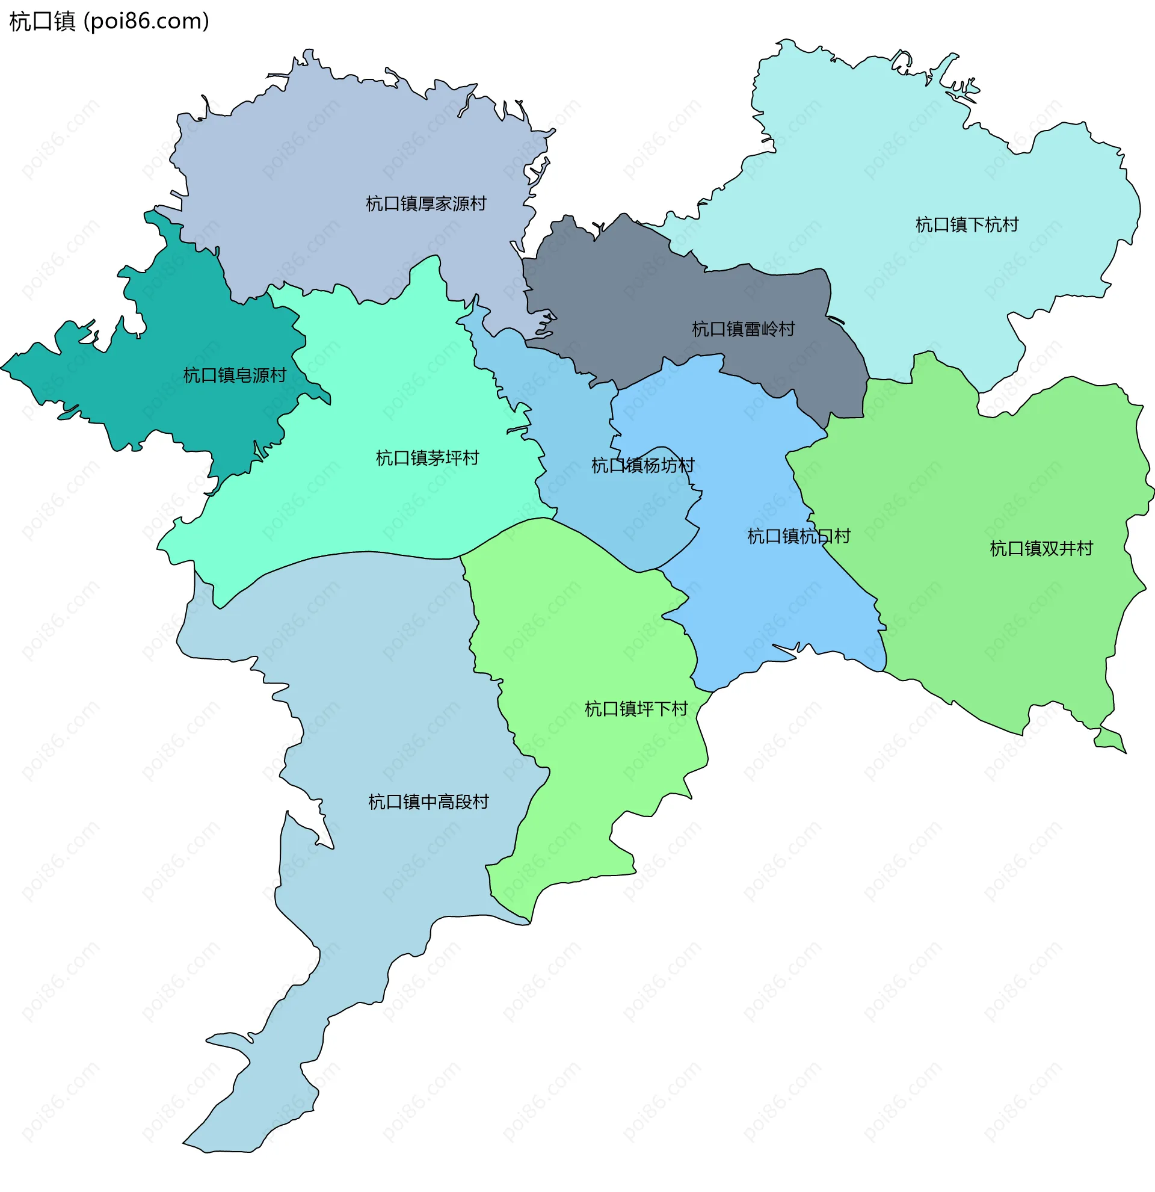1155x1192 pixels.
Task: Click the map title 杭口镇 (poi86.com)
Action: (109, 21)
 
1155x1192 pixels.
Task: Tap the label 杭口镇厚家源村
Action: (425, 204)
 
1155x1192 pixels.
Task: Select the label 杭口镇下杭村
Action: (967, 225)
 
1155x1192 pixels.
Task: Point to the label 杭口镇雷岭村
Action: (743, 329)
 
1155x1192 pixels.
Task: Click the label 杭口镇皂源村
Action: (235, 375)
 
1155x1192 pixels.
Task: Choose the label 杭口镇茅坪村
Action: (427, 458)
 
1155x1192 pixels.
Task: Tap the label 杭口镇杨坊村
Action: (642, 466)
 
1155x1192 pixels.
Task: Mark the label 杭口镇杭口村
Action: (798, 536)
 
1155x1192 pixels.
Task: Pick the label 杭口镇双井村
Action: (1041, 549)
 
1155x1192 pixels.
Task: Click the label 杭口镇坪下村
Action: (636, 709)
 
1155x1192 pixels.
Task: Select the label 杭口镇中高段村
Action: (428, 802)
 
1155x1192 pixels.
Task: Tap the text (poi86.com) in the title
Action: (147, 21)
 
